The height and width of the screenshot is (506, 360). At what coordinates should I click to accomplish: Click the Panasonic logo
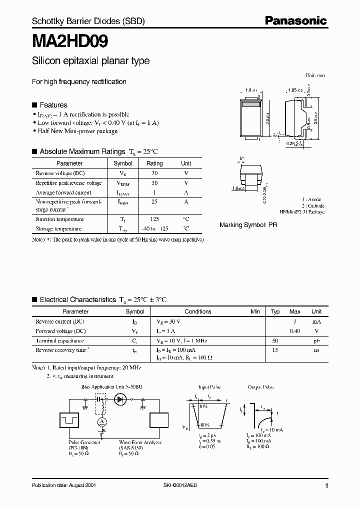click(295, 21)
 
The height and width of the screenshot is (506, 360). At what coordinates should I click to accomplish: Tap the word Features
click(53, 105)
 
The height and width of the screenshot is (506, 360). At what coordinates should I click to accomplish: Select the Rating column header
click(154, 163)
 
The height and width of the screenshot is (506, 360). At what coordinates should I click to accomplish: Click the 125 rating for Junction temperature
click(154, 219)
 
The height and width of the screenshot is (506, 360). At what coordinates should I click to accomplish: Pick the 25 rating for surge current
click(154, 202)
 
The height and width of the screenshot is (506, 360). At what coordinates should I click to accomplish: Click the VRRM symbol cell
click(122, 183)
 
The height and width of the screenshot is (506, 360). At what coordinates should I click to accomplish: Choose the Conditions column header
click(198, 311)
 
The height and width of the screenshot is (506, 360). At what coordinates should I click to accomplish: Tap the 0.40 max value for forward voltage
click(295, 331)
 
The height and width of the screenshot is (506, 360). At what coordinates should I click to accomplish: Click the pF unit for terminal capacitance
click(316, 340)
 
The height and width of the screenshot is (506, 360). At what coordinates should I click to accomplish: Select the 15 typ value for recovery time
click(275, 350)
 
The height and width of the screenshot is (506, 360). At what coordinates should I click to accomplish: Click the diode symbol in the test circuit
click(120, 399)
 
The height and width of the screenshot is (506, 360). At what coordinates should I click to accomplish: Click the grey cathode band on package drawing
click(252, 105)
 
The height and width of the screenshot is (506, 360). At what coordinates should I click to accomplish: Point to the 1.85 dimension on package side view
click(294, 90)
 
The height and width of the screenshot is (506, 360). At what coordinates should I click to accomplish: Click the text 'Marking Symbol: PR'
click(248, 225)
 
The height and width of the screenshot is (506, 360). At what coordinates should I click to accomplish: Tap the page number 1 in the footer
click(326, 485)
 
